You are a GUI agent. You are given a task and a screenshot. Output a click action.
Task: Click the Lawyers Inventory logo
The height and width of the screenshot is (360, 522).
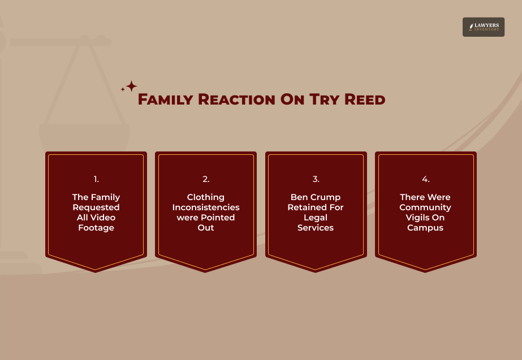[x=483, y=27]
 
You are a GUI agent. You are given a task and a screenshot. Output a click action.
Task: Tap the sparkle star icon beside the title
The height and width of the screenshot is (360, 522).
[x=130, y=87]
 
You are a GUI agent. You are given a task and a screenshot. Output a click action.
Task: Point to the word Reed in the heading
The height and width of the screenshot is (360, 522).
[x=364, y=100]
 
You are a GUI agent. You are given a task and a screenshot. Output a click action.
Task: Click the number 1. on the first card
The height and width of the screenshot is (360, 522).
[x=96, y=179]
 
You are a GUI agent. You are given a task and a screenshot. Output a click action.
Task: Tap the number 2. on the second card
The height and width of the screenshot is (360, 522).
[x=206, y=179]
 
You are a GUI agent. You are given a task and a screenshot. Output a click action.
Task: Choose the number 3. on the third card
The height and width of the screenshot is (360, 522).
[x=316, y=179]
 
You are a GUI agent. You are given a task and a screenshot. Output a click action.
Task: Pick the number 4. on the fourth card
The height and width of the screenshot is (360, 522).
[x=425, y=179]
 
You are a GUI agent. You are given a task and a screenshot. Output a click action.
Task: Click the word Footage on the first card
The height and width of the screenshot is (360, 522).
[x=96, y=228]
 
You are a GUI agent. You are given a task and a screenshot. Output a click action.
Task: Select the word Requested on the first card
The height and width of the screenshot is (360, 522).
[x=96, y=207]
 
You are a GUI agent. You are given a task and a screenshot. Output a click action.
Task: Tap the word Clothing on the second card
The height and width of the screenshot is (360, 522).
[x=206, y=197]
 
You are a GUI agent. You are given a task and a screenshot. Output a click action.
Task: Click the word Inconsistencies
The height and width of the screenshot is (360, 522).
[x=206, y=207]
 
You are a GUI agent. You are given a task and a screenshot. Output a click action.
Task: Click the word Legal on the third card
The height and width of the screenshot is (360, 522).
[x=316, y=218]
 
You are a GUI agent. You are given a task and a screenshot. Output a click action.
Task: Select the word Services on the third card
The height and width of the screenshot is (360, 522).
[x=316, y=228]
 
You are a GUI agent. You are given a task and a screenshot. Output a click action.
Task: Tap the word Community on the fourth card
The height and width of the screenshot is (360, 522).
[x=425, y=207]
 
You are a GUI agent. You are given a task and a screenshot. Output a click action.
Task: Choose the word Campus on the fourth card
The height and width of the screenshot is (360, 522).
[x=425, y=228]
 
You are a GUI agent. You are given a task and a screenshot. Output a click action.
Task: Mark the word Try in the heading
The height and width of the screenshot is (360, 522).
[x=325, y=100]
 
